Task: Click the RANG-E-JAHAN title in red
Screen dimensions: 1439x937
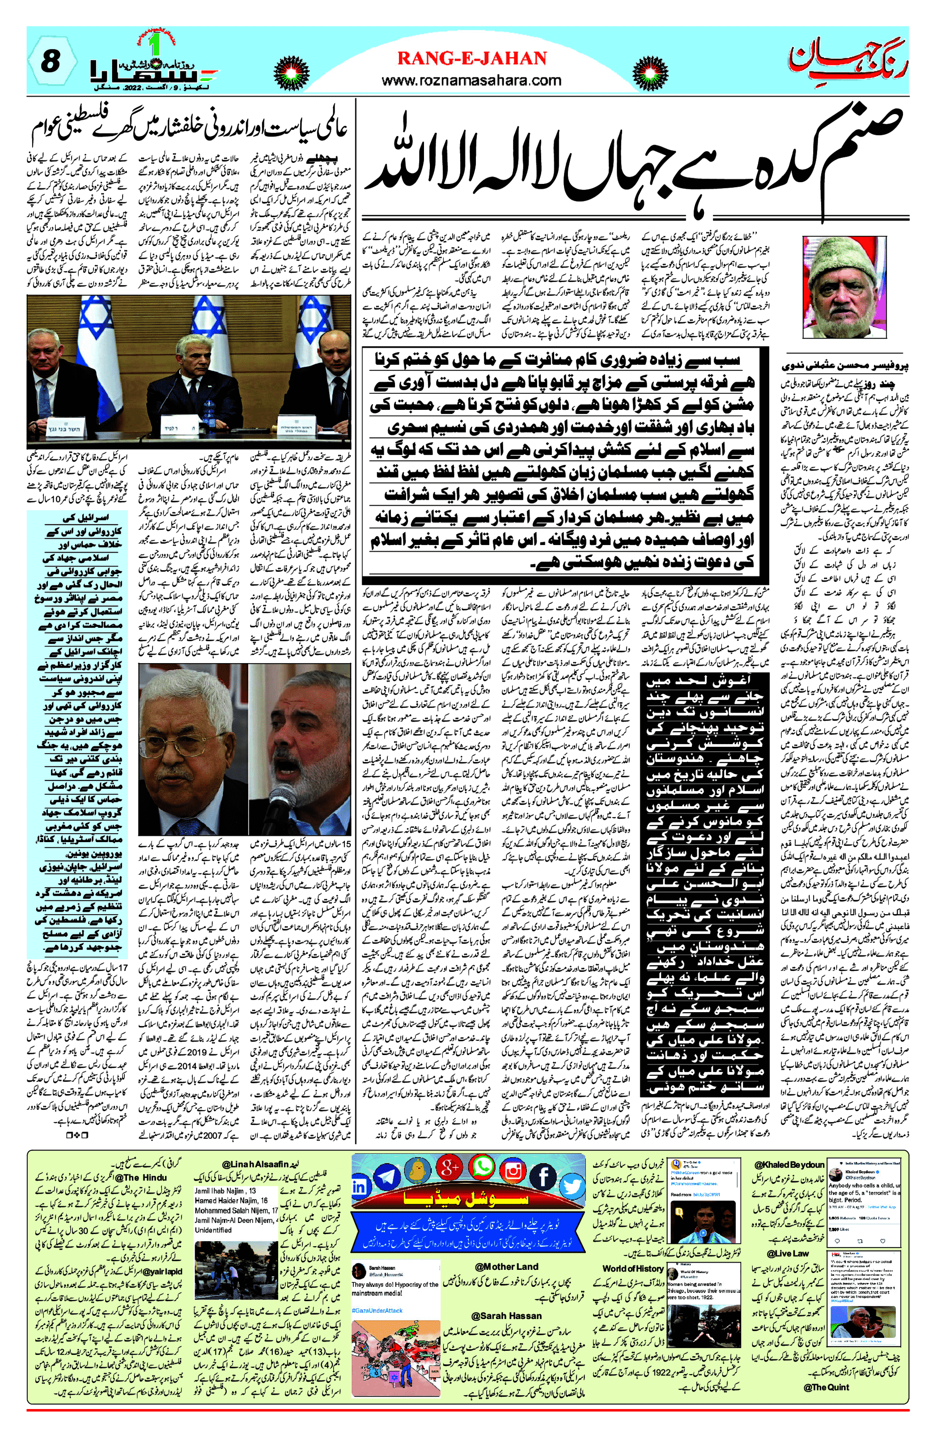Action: pyautogui.click(x=471, y=58)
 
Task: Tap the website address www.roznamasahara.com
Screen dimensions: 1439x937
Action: pyautogui.click(x=471, y=80)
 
